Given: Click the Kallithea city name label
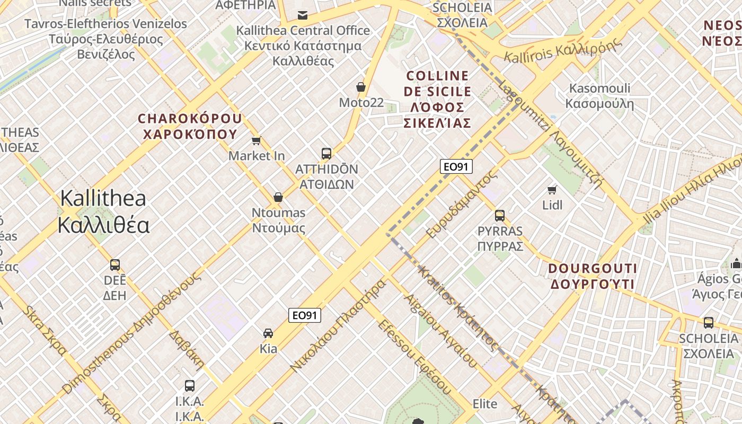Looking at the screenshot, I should tap(103, 211).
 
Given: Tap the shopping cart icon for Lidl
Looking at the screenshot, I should tap(552, 190).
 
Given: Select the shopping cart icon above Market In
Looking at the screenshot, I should tap(257, 140).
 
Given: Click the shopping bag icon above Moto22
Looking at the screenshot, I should tap(361, 87).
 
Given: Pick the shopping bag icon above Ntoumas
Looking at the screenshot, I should tap(278, 198).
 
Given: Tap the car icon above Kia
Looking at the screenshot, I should tap(268, 333).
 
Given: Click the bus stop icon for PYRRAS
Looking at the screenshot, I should tap(500, 216).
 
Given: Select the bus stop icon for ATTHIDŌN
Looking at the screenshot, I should tap(326, 154).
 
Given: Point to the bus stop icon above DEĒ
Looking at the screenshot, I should tap(115, 265).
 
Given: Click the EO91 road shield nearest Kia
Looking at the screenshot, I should tap(305, 315).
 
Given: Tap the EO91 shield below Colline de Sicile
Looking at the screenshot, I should tap(456, 167).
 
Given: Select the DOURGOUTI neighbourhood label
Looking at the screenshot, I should tap(593, 276).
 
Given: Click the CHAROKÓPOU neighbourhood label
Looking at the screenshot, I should tap(190, 126).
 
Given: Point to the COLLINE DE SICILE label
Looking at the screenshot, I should tap(437, 100).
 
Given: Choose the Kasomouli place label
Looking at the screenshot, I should tap(599, 96).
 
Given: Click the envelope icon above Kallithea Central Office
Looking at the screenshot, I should tap(303, 15).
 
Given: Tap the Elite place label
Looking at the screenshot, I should tap(485, 404).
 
